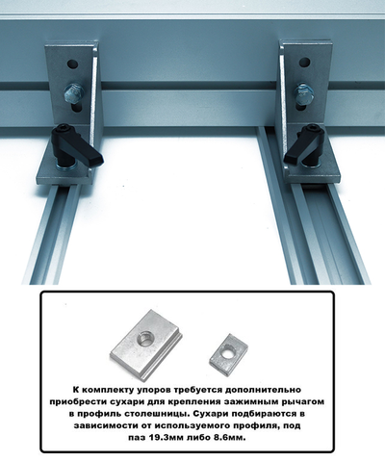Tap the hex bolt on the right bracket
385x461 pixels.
[301, 93]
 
